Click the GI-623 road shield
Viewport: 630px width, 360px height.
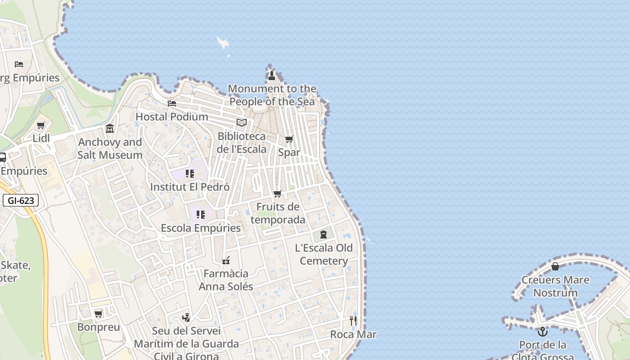pyautogui.click(x=21, y=201)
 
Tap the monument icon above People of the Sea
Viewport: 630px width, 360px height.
pyautogui.click(x=271, y=75)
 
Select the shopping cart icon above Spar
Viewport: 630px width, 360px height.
pyautogui.click(x=289, y=139)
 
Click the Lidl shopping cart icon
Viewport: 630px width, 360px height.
pyautogui.click(x=41, y=125)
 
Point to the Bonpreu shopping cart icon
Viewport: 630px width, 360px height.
pyautogui.click(x=99, y=314)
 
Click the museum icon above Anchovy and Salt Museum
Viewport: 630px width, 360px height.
pyautogui.click(x=110, y=129)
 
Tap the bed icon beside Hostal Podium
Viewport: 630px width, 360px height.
pyautogui.click(x=172, y=103)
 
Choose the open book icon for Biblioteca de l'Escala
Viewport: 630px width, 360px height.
pyautogui.click(x=242, y=122)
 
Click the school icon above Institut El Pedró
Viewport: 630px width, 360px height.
pyautogui.click(x=190, y=174)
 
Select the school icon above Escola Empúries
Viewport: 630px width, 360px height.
pyautogui.click(x=201, y=215)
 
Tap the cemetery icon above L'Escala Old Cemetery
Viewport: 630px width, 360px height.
pyautogui.click(x=324, y=234)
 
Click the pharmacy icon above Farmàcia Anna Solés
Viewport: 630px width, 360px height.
pyautogui.click(x=226, y=260)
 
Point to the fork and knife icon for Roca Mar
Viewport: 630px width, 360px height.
pyautogui.click(x=353, y=321)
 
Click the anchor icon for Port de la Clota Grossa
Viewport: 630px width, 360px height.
pyautogui.click(x=543, y=332)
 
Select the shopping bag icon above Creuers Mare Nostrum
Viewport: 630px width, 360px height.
pyautogui.click(x=555, y=266)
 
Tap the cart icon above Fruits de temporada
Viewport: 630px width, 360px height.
pyautogui.click(x=278, y=193)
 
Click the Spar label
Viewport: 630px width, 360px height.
pyautogui.click(x=289, y=153)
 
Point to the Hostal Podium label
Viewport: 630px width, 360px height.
pyautogui.click(x=172, y=117)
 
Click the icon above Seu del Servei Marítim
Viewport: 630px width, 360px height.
pyautogui.click(x=186, y=318)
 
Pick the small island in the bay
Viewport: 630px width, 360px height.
pyautogui.click(x=223, y=43)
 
